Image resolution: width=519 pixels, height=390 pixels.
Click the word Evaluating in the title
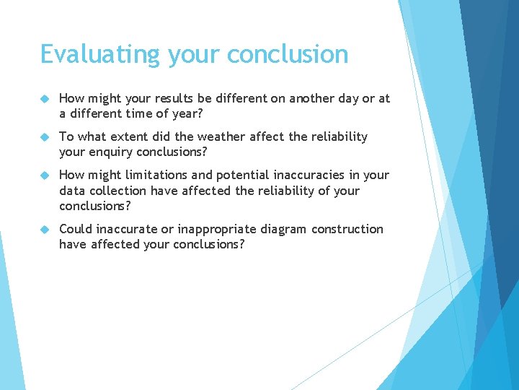(x=100, y=55)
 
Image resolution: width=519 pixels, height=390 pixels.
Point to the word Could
(x=76, y=229)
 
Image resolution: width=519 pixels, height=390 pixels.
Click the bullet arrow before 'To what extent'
(x=44, y=136)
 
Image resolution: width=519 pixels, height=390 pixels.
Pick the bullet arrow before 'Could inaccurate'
(x=44, y=229)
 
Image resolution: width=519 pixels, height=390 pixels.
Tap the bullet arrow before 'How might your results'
(x=44, y=98)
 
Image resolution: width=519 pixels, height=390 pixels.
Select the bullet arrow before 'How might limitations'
(x=44, y=175)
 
